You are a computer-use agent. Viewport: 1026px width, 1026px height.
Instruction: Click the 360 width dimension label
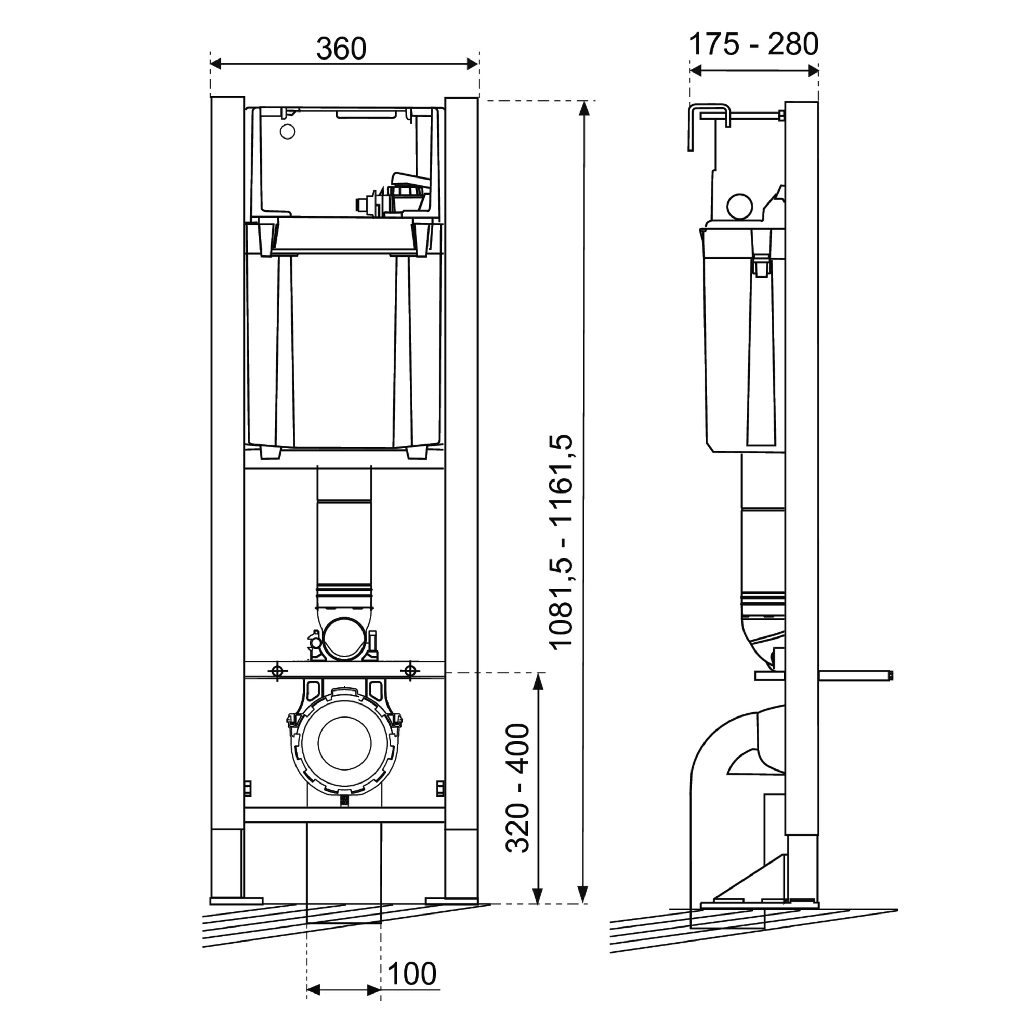[341, 49]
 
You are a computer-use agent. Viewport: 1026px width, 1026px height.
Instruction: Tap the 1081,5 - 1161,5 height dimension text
[562, 541]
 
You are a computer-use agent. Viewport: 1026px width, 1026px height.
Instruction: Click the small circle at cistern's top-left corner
[287, 132]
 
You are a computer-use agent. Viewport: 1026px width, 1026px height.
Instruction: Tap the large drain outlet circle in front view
[344, 744]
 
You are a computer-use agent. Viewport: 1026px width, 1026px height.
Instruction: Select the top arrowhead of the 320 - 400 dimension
[538, 681]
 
